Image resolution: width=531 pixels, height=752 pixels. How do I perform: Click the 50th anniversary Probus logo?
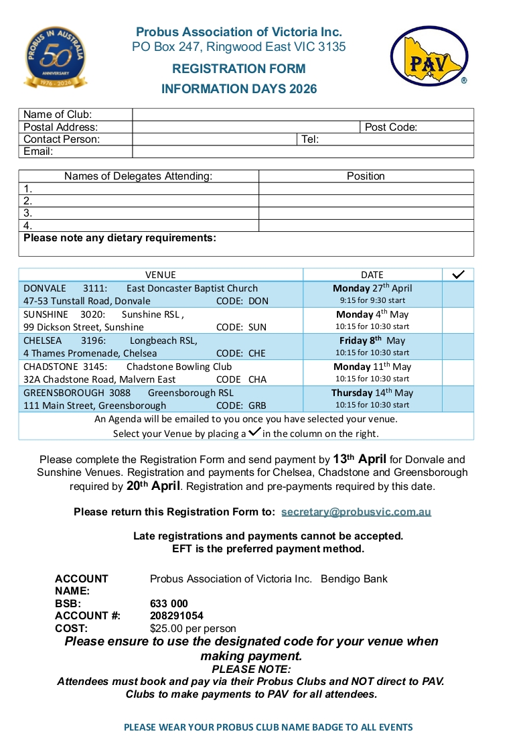(56, 58)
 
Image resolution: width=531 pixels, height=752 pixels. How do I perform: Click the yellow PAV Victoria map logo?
(429, 57)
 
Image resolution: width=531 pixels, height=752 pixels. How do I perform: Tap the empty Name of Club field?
(303, 115)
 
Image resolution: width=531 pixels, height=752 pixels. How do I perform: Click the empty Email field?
(303, 151)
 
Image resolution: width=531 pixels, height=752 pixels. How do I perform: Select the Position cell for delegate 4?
(366, 226)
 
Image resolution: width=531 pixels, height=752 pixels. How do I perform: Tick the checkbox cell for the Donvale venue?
(458, 294)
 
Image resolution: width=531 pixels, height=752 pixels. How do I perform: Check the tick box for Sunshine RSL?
(458, 320)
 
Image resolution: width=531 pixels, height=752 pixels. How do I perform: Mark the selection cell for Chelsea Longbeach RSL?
(458, 347)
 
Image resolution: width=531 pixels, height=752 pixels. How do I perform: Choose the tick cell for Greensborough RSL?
(458, 399)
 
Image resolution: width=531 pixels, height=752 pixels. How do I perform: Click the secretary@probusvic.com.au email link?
(356, 512)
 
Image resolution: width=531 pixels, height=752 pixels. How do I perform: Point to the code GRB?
(257, 405)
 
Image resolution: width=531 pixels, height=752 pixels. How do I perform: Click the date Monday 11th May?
(372, 367)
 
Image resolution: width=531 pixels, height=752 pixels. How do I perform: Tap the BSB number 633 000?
(169, 604)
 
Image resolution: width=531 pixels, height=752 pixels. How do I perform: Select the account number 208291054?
(177, 616)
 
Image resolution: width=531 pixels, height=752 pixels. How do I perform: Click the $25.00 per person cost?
(193, 629)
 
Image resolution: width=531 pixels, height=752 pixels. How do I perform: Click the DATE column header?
(372, 275)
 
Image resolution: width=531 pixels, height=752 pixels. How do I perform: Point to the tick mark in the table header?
(459, 275)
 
